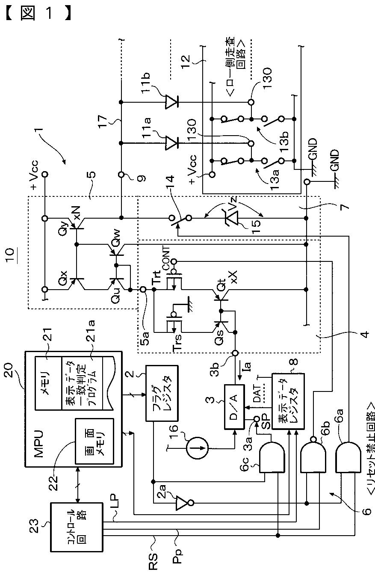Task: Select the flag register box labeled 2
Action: pos(162,393)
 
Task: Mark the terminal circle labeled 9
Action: pos(121,175)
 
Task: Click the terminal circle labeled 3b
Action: pos(235,353)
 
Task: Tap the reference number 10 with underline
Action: pos(12,255)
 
